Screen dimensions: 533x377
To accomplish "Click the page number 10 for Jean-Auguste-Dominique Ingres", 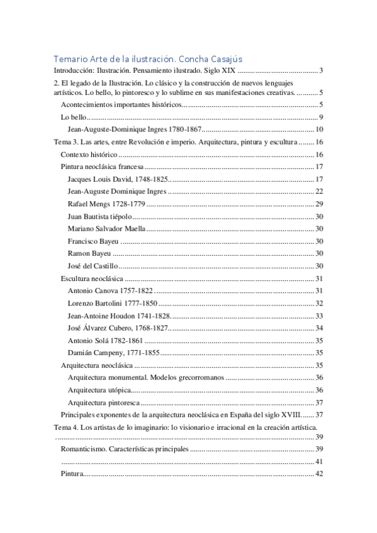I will click(319, 128).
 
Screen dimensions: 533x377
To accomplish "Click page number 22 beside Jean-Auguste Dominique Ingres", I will click(318, 191).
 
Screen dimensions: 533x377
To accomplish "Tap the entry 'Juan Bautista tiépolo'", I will click(99, 216).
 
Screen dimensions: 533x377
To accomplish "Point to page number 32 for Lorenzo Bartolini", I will click(318, 303).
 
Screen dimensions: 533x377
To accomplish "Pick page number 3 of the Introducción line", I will click(321, 70).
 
